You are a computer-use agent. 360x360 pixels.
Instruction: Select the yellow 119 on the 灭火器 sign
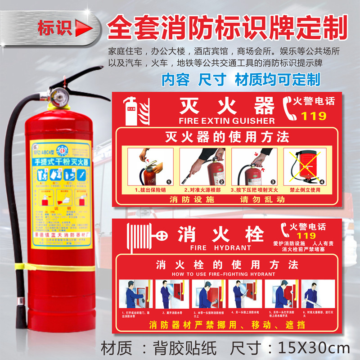(313, 116)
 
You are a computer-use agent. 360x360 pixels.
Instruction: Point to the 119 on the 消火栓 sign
(306, 235)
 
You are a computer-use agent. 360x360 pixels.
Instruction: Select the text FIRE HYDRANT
(220, 247)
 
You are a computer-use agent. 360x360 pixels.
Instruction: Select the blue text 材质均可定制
(278, 79)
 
